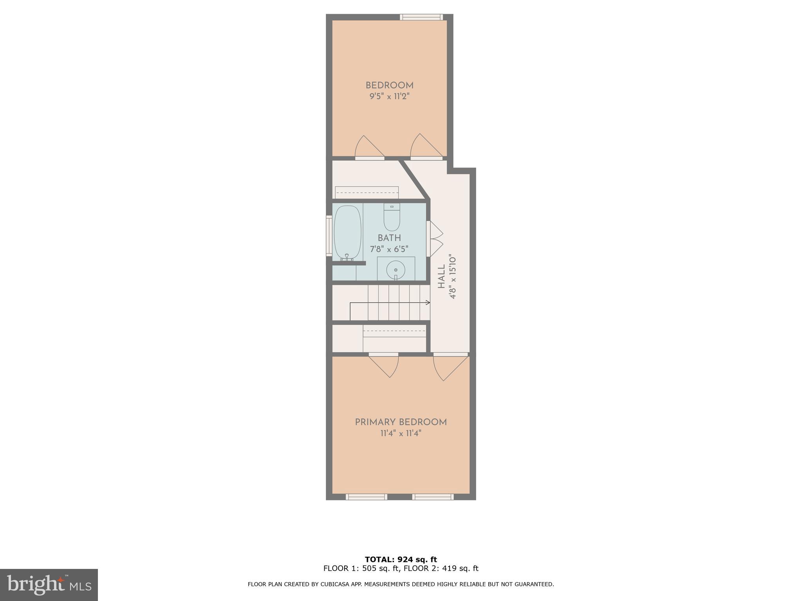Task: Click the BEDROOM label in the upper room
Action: click(389, 85)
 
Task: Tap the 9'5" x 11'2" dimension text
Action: click(389, 97)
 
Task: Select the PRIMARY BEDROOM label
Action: click(401, 422)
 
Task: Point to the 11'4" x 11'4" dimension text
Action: click(401, 434)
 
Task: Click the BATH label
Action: click(389, 238)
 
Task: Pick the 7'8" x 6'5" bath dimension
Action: click(389, 249)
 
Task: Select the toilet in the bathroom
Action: click(392, 218)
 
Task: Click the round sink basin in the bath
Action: click(396, 270)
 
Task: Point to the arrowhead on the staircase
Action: click(428, 302)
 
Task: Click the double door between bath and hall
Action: click(436, 239)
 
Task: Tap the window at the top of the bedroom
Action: click(421, 17)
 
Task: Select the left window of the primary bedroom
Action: click(366, 497)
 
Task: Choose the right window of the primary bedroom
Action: click(433, 497)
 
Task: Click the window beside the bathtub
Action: click(329, 236)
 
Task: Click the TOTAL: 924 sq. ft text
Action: click(401, 560)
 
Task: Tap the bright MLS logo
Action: click(49, 585)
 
